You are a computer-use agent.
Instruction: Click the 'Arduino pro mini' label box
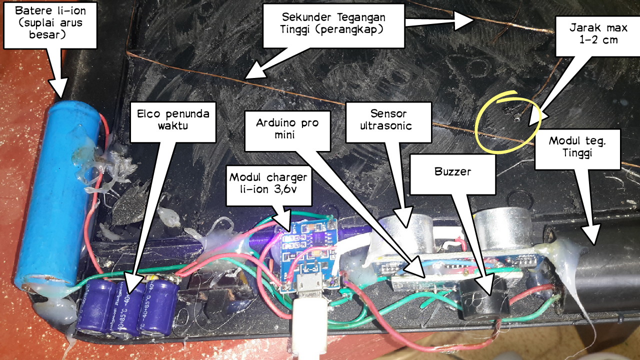point(287,129)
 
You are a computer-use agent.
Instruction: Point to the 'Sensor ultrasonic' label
point(388,118)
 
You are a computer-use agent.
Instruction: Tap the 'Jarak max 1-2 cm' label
point(590,32)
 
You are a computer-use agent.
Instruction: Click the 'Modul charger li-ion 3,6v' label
point(269,185)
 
